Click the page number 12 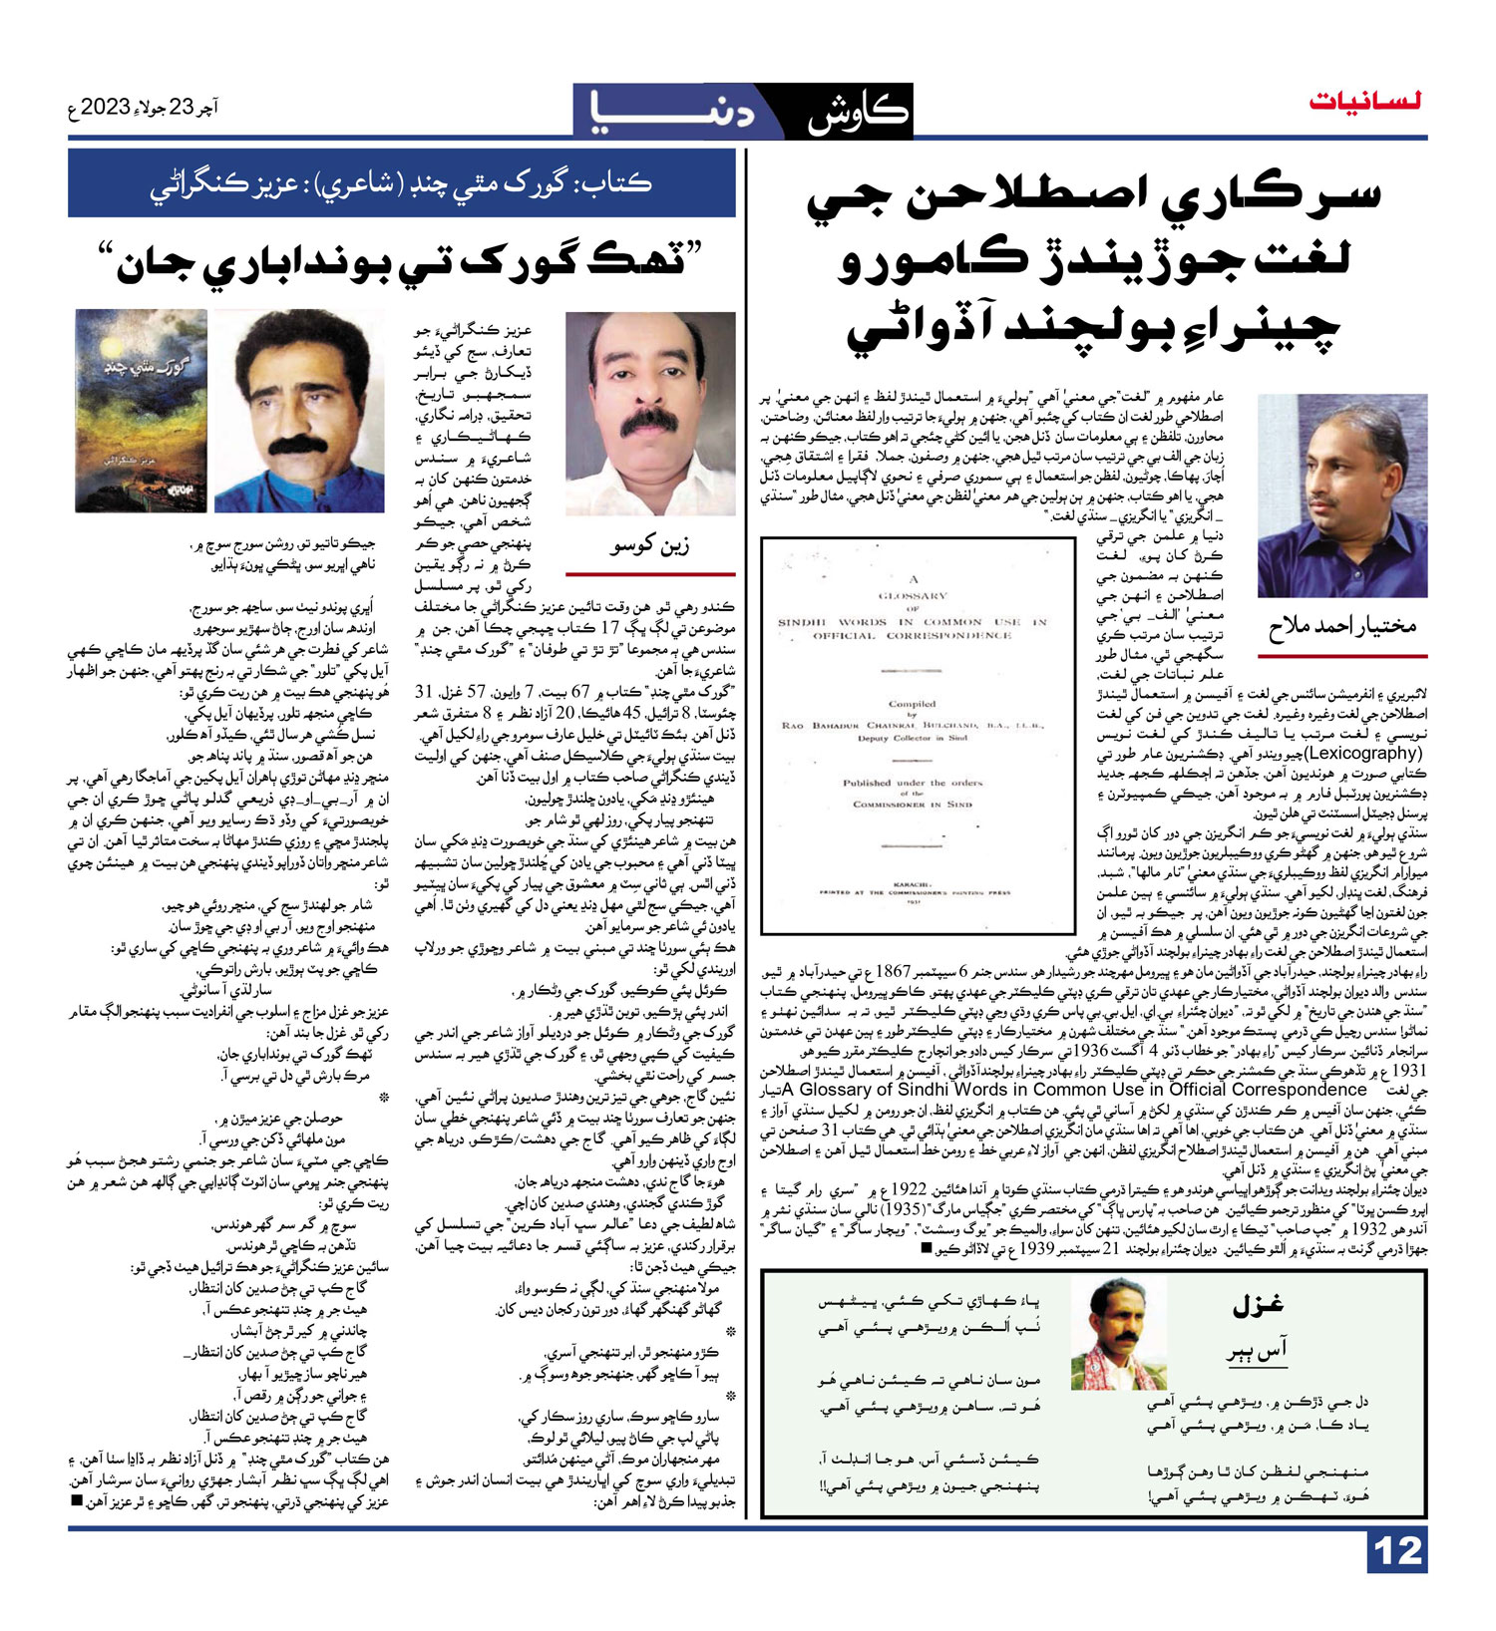point(1397,1552)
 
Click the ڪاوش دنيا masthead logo point(742,111)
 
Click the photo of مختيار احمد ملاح point(1341,495)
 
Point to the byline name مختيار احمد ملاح point(1341,626)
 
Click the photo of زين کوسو point(649,413)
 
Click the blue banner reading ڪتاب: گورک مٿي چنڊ point(401,183)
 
